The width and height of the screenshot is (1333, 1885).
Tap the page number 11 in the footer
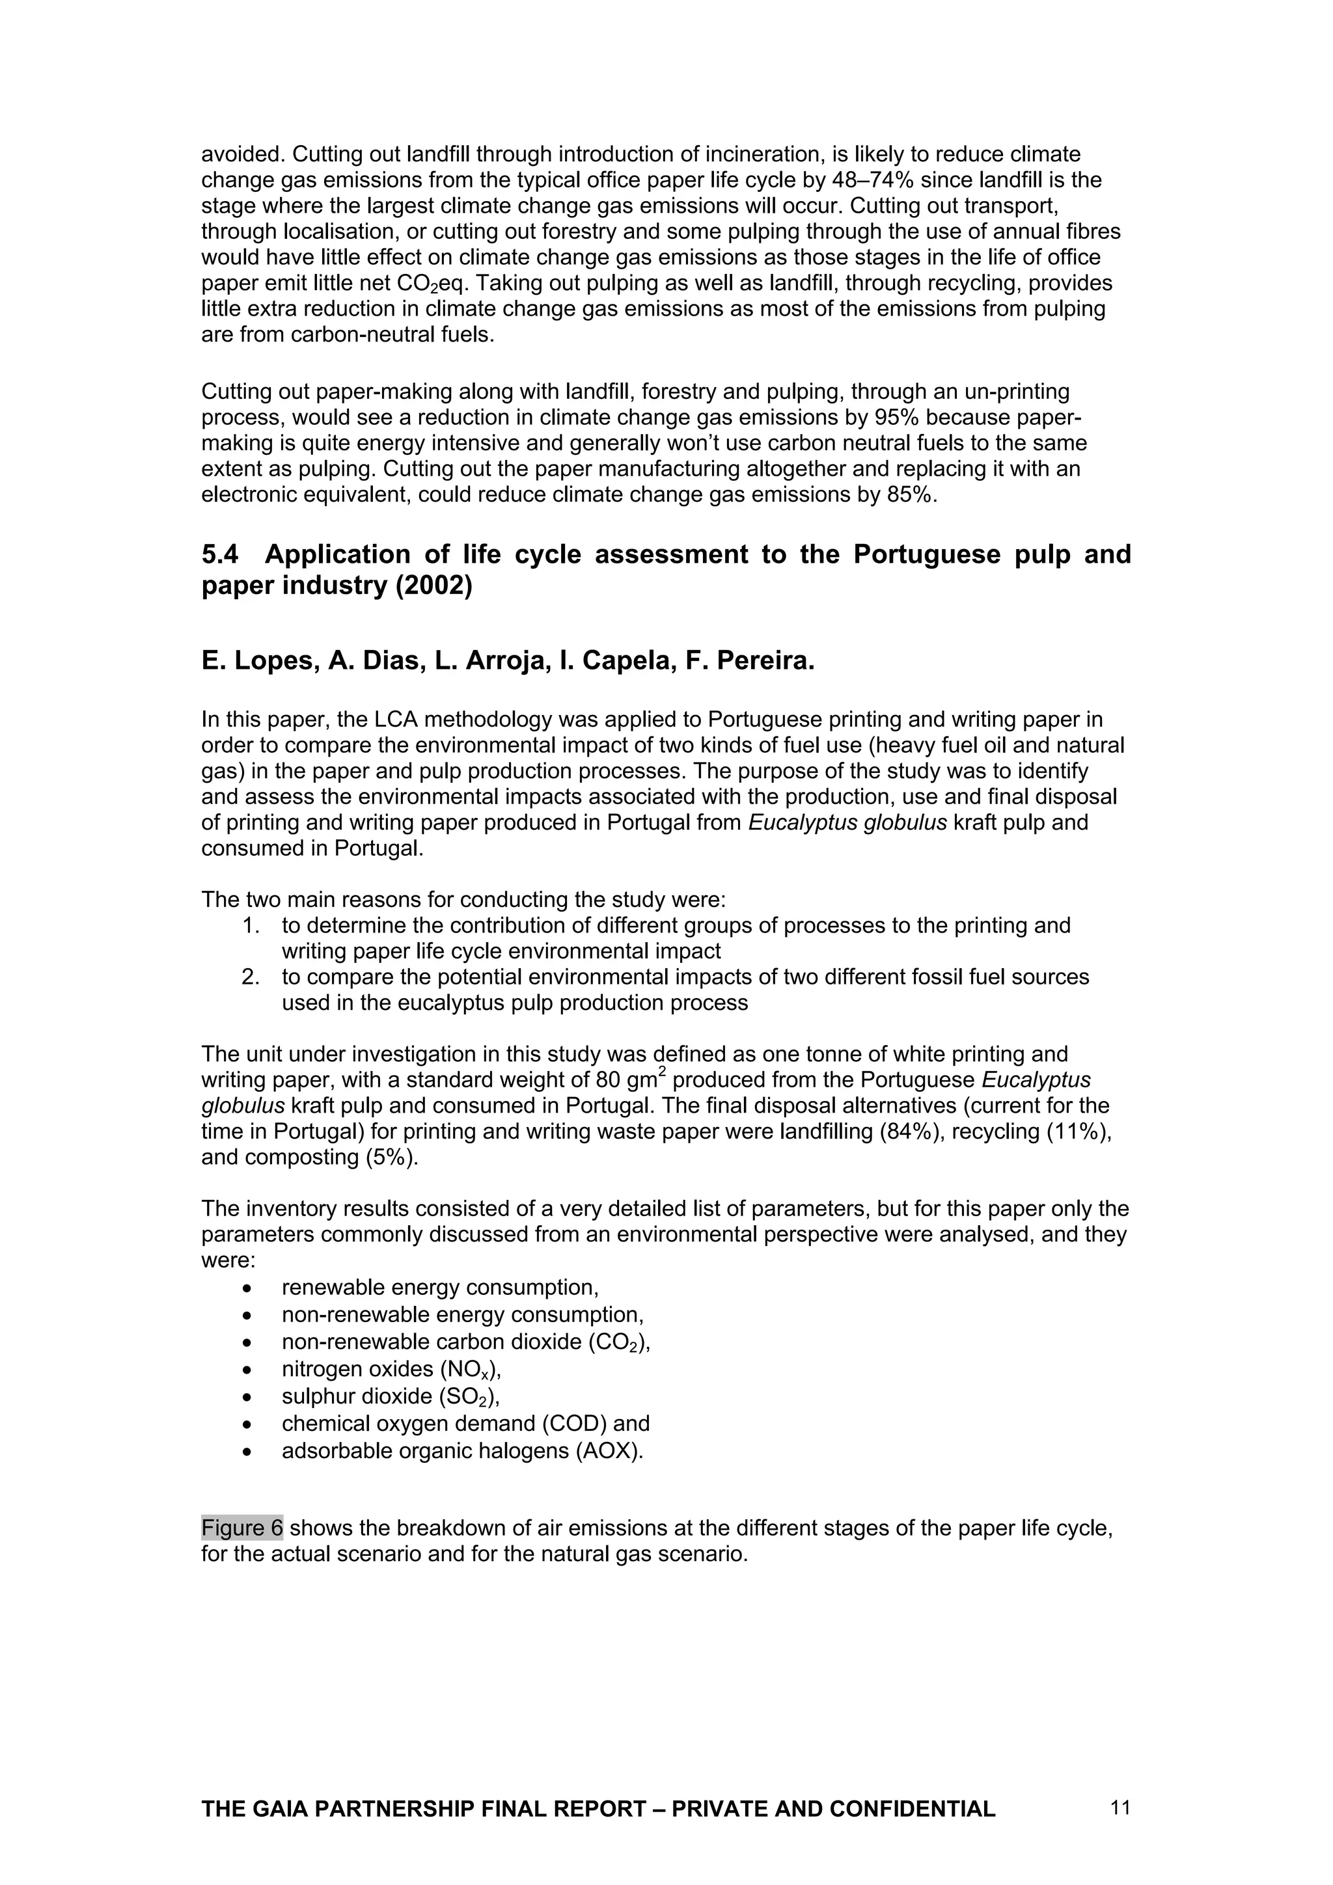click(x=1120, y=1807)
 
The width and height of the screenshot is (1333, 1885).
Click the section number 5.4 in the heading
click(x=219, y=554)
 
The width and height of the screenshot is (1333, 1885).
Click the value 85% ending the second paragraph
click(x=912, y=495)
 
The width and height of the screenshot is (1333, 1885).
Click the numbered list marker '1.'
click(x=251, y=925)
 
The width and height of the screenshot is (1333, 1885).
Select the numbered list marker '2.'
click(x=251, y=977)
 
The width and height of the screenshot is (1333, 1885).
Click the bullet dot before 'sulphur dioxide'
click(x=247, y=1398)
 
